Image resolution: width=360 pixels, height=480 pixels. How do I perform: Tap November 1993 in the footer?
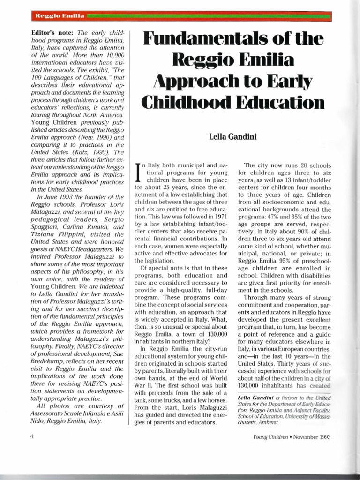tap(313, 437)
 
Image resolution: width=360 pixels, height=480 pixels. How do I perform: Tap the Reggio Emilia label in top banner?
tap(59, 17)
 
